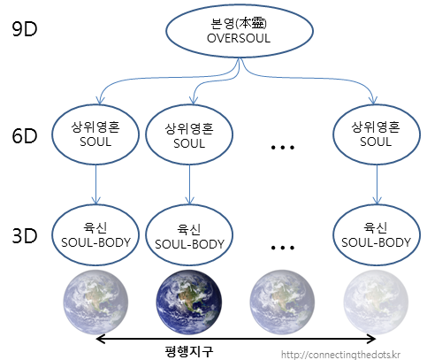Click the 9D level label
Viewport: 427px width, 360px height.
(25, 29)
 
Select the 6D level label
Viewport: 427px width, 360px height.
(25, 135)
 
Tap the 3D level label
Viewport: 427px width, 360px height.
(25, 235)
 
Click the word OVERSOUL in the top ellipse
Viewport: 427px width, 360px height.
(239, 38)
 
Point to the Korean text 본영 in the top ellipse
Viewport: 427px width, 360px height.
(223, 24)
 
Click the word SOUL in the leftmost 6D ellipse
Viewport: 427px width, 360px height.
(95, 142)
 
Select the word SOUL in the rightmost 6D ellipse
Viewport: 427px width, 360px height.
(376, 142)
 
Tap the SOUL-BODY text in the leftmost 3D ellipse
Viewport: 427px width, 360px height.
(95, 242)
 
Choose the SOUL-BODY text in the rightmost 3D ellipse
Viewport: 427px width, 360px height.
(376, 242)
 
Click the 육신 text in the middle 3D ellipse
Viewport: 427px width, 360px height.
(189, 229)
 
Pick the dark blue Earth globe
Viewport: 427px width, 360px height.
(189, 302)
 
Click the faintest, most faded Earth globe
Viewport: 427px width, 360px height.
(376, 302)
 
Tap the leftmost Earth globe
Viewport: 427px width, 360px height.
(95, 302)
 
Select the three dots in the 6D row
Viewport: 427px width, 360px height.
(283, 147)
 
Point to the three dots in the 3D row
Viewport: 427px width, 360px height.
(283, 248)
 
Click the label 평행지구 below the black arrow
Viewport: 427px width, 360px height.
(189, 351)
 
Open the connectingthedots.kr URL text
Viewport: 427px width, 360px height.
(340, 354)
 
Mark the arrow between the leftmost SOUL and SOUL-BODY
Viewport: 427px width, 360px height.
(95, 184)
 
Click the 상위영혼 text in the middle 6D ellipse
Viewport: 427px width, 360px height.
(189, 129)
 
